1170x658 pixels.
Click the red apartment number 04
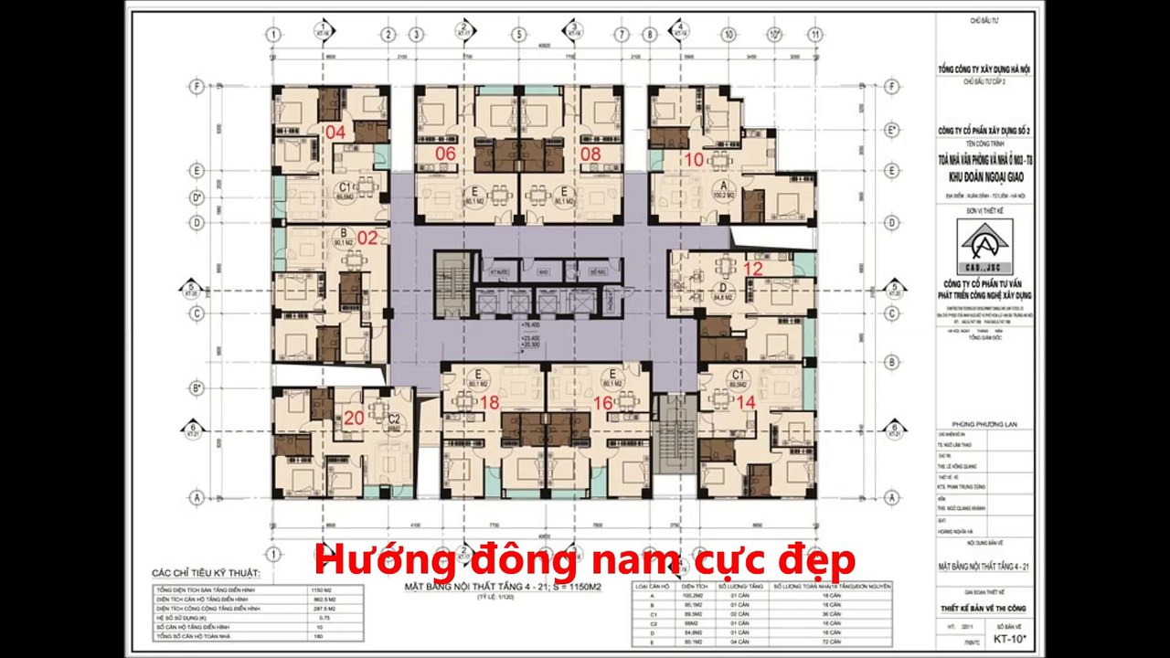coord(335,132)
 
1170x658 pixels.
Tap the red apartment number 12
coord(752,269)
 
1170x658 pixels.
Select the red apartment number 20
coord(354,418)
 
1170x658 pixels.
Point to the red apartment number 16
coord(602,402)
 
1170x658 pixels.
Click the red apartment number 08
coord(590,154)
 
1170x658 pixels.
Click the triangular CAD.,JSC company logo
coord(984,241)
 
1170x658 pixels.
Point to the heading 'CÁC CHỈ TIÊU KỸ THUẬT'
coord(206,574)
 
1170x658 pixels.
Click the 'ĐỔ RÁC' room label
coord(599,272)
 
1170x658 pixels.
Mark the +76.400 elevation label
coord(531,324)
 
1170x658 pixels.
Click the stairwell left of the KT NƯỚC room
coord(449,283)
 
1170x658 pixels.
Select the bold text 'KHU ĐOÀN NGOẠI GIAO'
coord(984,179)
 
